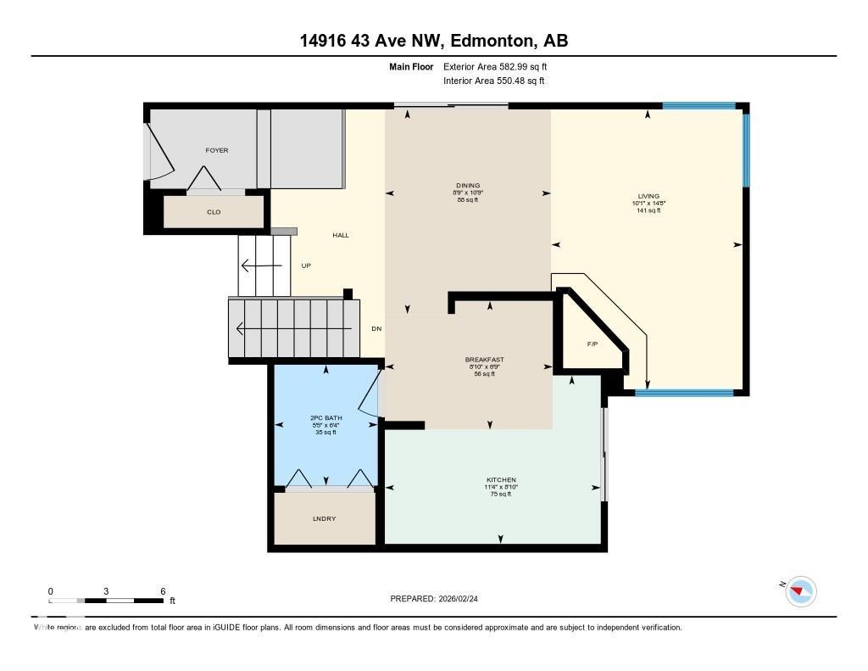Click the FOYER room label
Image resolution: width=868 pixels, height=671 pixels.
pyautogui.click(x=217, y=150)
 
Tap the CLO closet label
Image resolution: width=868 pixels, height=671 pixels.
pyautogui.click(x=214, y=212)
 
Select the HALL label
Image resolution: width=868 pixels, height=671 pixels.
pyautogui.click(x=340, y=235)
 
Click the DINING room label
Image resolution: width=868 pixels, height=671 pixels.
pyautogui.click(x=468, y=186)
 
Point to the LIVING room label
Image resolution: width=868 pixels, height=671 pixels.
pyautogui.click(x=648, y=196)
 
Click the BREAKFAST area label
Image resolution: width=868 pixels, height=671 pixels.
pyautogui.click(x=484, y=360)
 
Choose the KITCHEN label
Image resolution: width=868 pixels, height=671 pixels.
pyautogui.click(x=500, y=479)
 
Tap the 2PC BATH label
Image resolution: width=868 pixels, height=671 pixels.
pyautogui.click(x=325, y=418)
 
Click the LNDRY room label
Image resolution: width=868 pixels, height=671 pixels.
pyautogui.click(x=324, y=518)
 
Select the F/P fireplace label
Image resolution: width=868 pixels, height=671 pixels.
pyautogui.click(x=593, y=344)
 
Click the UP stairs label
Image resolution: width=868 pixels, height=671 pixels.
pyautogui.click(x=306, y=266)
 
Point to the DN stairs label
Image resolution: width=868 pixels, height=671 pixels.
pyautogui.click(x=377, y=329)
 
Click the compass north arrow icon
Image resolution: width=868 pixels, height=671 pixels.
pyautogui.click(x=800, y=591)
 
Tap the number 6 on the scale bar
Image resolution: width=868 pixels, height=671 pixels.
pyautogui.click(x=162, y=591)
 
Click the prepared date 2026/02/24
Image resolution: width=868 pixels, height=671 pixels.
pyautogui.click(x=465, y=599)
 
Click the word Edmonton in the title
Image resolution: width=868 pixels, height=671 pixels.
pyautogui.click(x=491, y=40)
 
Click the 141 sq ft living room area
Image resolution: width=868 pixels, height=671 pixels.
pyautogui.click(x=648, y=210)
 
